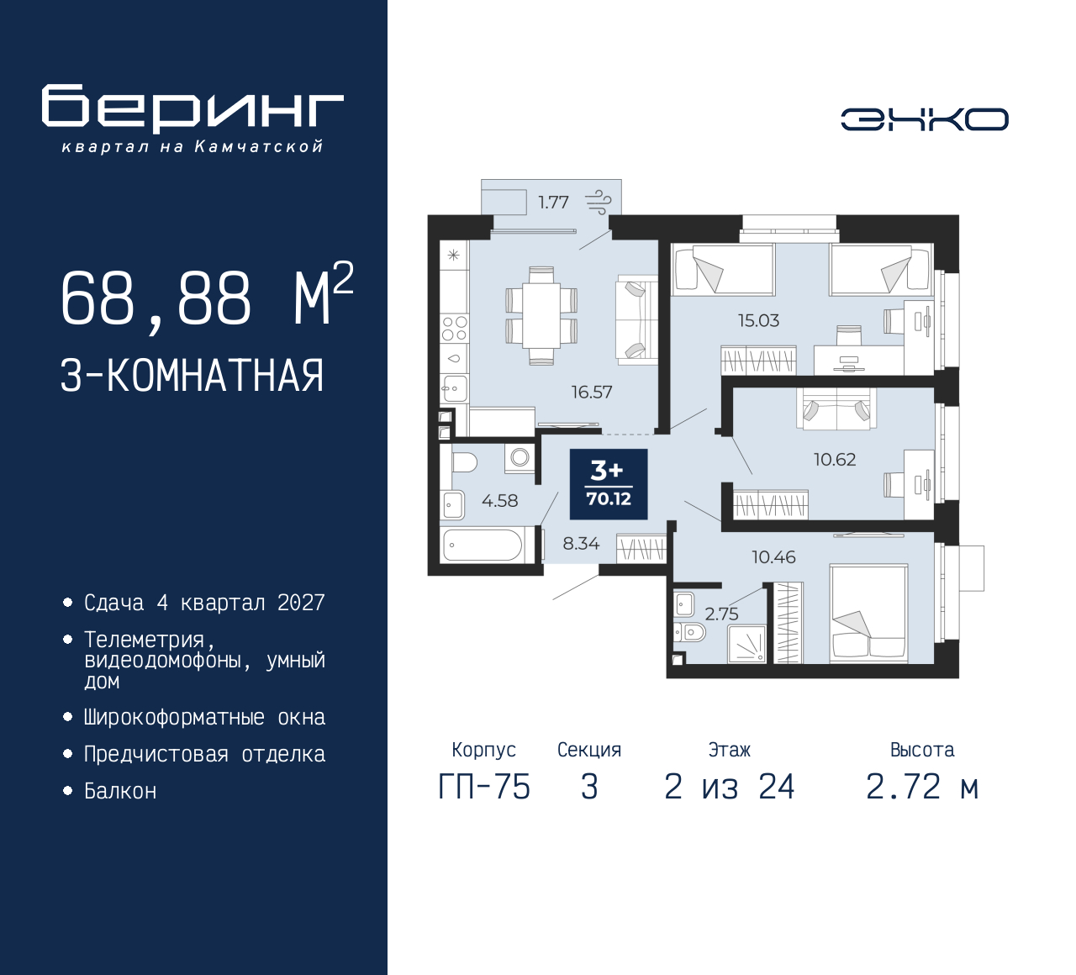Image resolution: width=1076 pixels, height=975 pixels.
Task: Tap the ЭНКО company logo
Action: (x=924, y=119)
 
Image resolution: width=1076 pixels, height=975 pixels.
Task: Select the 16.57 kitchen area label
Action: (x=592, y=392)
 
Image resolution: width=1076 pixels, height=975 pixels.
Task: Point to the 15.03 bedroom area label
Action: (x=758, y=321)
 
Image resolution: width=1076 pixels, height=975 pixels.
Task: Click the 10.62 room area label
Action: (x=835, y=460)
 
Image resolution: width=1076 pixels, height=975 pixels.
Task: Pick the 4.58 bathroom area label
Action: (x=500, y=501)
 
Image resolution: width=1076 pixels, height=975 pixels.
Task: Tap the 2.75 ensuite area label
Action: (x=721, y=614)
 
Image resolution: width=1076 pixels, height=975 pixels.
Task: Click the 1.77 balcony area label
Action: (x=554, y=203)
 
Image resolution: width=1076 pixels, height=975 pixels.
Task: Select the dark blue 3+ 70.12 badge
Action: (x=609, y=484)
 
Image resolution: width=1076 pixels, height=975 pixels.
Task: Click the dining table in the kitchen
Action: (x=541, y=315)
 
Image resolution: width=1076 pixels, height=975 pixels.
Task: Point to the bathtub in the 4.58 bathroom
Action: (x=483, y=545)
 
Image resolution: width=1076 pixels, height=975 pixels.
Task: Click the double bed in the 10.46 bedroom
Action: (x=868, y=614)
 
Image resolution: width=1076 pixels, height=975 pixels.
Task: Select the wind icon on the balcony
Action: (x=598, y=203)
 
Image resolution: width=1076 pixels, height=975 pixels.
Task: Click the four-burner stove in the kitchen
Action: (x=454, y=328)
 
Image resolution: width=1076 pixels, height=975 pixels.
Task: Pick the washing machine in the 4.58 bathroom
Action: (x=520, y=459)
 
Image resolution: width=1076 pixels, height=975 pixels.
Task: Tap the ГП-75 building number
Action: (x=484, y=788)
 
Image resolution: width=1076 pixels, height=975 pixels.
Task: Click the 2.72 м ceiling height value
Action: (x=923, y=788)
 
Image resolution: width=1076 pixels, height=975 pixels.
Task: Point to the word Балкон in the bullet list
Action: (x=121, y=791)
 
